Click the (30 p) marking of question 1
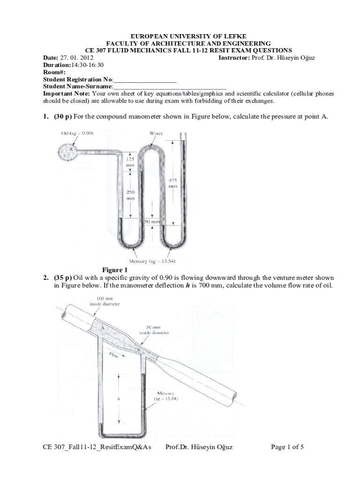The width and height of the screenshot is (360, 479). pos(61,116)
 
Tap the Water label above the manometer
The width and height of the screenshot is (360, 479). pos(156,133)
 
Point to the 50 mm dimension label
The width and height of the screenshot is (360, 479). pos(153,221)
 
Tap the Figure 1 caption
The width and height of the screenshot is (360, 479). pos(115,270)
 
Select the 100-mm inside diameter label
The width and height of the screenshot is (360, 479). pos(105,301)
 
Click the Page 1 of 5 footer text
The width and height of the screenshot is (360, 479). pos(288,447)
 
